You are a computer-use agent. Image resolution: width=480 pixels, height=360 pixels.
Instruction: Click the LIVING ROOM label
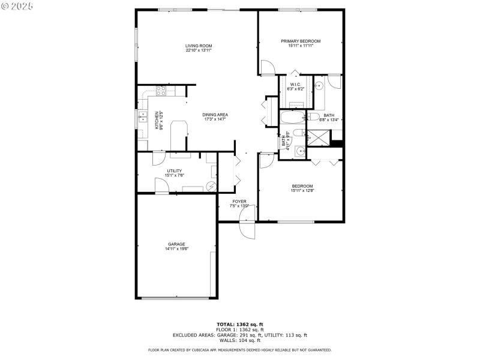[198, 46]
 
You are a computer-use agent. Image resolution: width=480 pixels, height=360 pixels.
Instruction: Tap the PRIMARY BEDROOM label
[301, 41]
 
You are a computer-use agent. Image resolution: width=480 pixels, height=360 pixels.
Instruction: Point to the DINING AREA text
[214, 115]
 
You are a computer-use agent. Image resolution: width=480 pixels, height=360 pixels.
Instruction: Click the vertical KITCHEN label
[158, 121]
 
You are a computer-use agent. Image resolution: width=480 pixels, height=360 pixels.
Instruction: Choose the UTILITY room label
[174, 171]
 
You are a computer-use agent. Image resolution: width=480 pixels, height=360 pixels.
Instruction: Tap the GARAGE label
[176, 244]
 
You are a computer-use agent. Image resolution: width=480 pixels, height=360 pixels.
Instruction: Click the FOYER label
[239, 201]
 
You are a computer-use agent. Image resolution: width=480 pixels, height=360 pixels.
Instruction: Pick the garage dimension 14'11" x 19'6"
[176, 249]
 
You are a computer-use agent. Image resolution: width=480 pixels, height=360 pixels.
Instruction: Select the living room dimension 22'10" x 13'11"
[198, 50]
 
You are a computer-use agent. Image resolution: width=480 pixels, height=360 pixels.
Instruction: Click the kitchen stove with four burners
[161, 91]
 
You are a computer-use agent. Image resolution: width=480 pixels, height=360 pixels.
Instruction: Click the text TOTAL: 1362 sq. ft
[239, 325]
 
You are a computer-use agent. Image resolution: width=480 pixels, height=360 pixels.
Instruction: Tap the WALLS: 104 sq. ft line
[239, 340]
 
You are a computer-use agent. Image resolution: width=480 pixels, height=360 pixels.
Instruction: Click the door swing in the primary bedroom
[268, 70]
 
